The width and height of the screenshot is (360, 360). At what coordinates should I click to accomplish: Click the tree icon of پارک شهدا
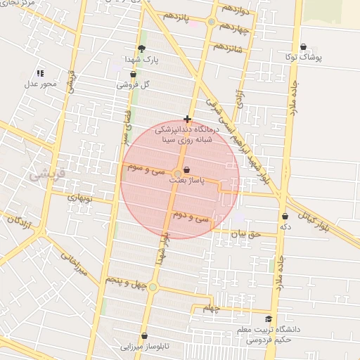click(142, 49)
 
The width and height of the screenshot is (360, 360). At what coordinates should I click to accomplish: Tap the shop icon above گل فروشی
click(133, 73)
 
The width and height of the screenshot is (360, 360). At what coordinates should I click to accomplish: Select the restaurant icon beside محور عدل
click(40, 72)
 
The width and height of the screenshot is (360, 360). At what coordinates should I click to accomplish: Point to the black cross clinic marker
click(187, 119)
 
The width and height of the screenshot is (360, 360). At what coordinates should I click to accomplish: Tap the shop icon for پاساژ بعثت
click(186, 169)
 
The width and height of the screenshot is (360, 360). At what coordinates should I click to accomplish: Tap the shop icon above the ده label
click(285, 216)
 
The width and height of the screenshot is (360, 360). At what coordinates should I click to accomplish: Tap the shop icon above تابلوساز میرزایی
click(144, 336)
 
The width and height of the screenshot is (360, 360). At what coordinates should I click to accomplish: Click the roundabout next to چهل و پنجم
click(153, 286)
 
